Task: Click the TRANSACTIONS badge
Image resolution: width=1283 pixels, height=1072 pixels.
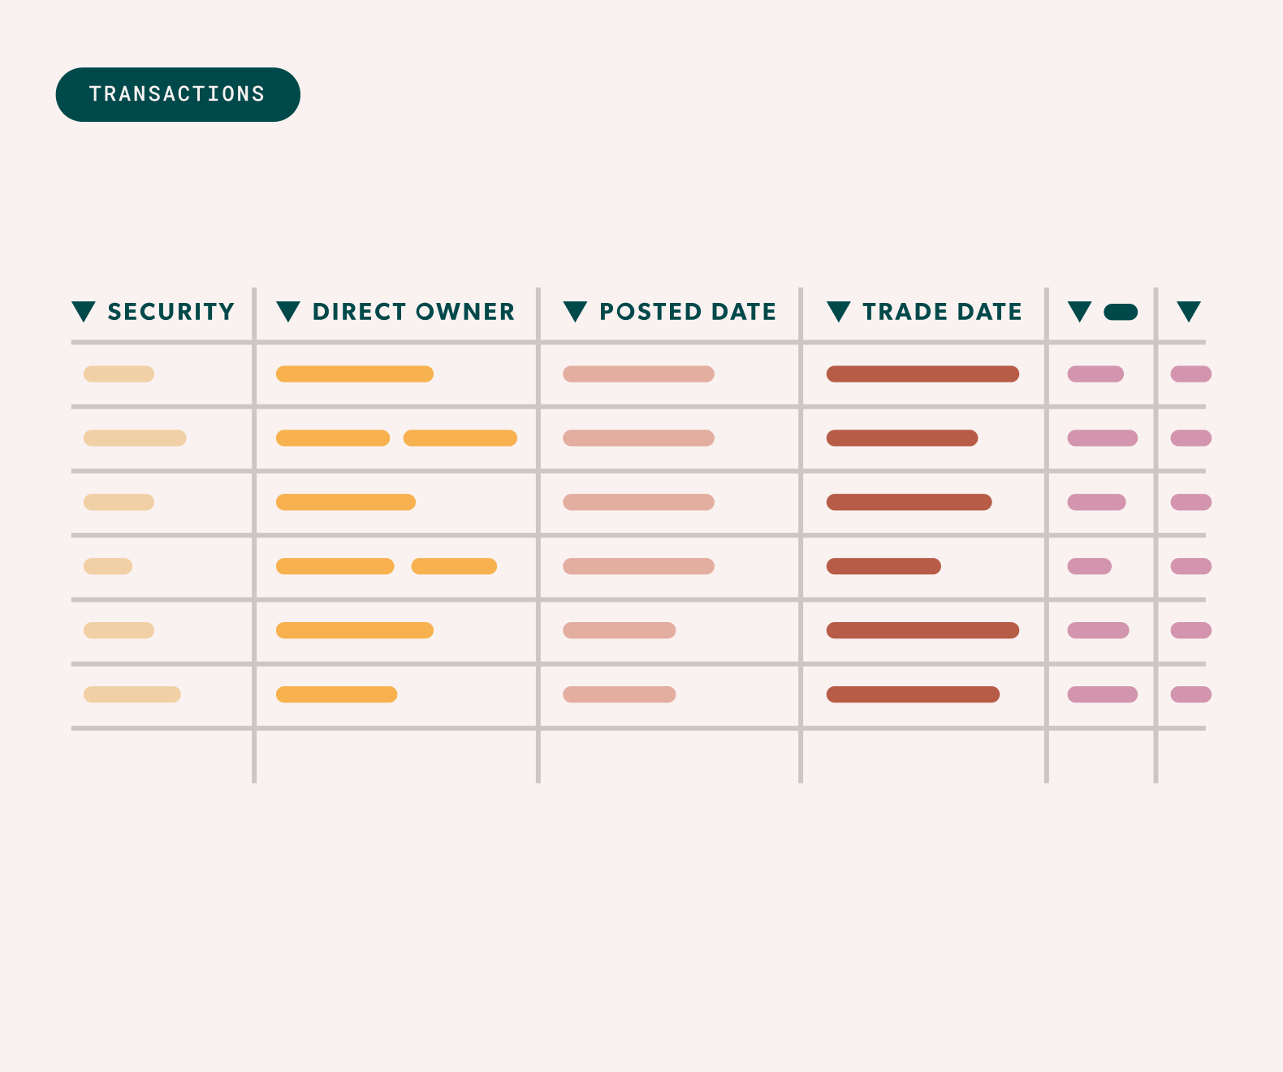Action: [178, 94]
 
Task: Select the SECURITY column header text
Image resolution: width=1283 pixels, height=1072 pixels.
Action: [171, 312]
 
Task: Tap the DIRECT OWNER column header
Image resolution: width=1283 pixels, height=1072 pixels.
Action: [413, 312]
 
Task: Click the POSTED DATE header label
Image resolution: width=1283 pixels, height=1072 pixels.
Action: [687, 312]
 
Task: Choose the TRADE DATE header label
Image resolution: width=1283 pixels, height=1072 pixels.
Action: [942, 312]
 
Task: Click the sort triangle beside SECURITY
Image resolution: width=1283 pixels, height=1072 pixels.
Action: [84, 311]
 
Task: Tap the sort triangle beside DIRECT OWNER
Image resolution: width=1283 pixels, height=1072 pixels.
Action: [288, 311]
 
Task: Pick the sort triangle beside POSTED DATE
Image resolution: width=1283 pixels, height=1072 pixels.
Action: [575, 311]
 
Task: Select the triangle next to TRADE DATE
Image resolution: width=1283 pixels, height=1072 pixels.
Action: [838, 311]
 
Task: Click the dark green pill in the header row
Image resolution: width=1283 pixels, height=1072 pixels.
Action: [1121, 312]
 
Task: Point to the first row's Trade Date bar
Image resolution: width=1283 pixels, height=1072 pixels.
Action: [922, 374]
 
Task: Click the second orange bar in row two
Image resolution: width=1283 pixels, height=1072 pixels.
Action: [460, 438]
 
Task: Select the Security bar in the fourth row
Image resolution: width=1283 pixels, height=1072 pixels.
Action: [108, 566]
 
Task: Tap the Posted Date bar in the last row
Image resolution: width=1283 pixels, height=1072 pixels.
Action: [619, 694]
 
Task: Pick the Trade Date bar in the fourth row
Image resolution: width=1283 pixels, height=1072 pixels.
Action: [883, 566]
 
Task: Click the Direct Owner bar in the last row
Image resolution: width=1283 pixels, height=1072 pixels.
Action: [336, 694]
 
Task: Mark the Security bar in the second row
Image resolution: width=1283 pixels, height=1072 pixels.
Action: [135, 438]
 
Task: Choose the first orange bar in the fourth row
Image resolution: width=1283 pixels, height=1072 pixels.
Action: [335, 566]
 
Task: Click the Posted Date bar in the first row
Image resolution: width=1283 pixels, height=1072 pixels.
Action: [638, 374]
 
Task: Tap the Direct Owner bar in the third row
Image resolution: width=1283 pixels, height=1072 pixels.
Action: [346, 502]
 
